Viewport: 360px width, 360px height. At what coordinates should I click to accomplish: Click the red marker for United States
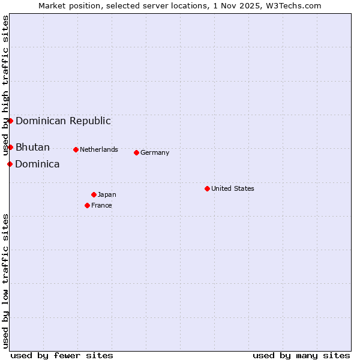point(207,188)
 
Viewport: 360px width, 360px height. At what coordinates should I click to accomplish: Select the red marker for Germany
point(136,152)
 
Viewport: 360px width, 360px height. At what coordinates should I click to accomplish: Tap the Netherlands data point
point(76,149)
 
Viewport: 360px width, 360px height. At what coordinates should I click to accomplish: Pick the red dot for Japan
point(94,194)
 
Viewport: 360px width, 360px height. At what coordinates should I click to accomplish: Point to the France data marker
point(87,205)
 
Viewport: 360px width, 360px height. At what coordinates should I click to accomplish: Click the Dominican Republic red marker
point(10,121)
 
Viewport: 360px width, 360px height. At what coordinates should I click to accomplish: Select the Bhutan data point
point(10,147)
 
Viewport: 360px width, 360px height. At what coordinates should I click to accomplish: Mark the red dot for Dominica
point(10,164)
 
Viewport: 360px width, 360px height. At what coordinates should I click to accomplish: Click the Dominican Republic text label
point(63,121)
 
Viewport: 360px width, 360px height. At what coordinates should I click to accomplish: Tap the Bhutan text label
point(32,147)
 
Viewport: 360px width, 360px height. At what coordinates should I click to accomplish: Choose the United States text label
point(233,188)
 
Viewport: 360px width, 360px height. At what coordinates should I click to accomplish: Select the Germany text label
point(155,152)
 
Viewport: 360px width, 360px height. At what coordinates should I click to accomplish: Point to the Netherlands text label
point(99,149)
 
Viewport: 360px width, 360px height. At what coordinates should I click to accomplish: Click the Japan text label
point(107,194)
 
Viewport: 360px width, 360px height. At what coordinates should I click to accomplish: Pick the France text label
point(101,205)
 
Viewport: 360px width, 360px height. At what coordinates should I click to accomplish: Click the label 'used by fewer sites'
point(62,355)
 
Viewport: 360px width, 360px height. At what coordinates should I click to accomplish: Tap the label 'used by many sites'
point(301,355)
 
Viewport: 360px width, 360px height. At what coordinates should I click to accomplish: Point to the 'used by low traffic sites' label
point(6,281)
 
